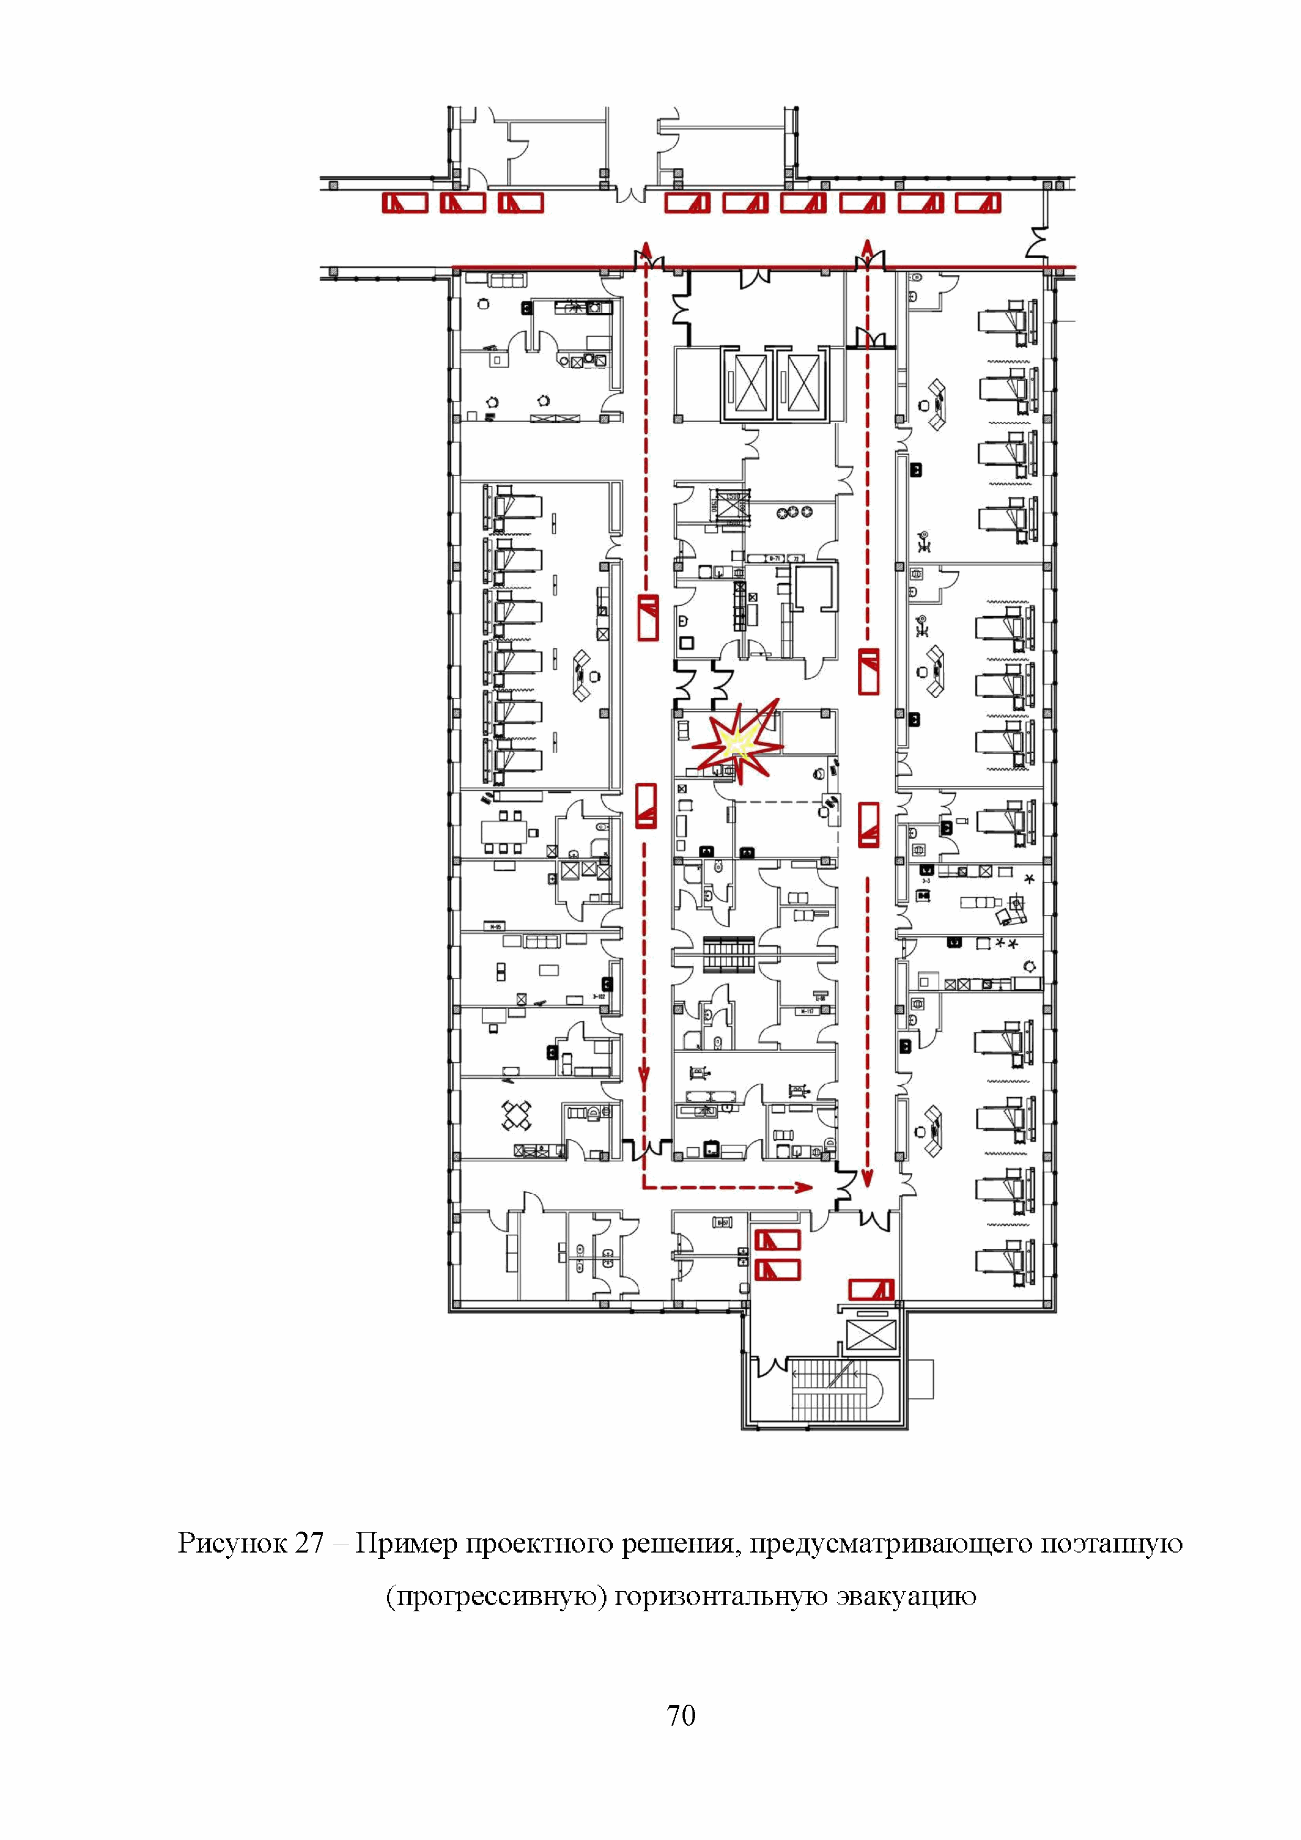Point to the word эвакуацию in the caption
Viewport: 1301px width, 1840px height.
[906, 1596]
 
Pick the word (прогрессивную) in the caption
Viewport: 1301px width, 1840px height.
[495, 1596]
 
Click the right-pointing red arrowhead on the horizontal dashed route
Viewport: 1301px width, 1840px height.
[804, 1187]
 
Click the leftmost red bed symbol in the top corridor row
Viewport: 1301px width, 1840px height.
[405, 203]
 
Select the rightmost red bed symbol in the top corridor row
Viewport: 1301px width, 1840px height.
[978, 203]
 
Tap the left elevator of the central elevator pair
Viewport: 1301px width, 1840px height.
[750, 382]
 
